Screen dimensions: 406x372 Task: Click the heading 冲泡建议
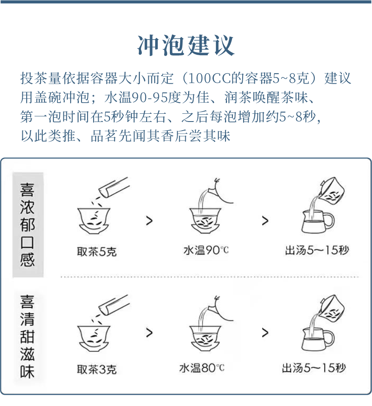pyautogui.click(x=186, y=45)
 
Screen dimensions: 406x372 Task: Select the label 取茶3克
pyautogui.click(x=97, y=369)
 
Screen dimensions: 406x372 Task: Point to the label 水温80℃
pyautogui.click(x=202, y=368)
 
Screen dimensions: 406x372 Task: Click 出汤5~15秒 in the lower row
pyautogui.click(x=314, y=368)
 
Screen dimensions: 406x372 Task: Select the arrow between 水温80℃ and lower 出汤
pyautogui.click(x=265, y=333)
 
